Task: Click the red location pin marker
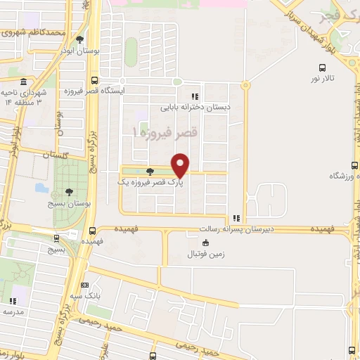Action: tap(181, 165)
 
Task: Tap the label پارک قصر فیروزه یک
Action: tap(144, 181)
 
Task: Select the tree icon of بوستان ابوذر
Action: tap(79, 40)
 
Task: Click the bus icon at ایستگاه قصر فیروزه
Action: tap(94, 80)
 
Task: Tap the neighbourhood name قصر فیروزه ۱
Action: tap(166, 131)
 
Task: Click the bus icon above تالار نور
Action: tap(322, 68)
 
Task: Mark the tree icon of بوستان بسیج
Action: tap(69, 191)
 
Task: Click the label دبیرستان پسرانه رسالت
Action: tap(209, 229)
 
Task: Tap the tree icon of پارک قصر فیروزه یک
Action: tap(150, 171)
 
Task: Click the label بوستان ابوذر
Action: tap(77, 51)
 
